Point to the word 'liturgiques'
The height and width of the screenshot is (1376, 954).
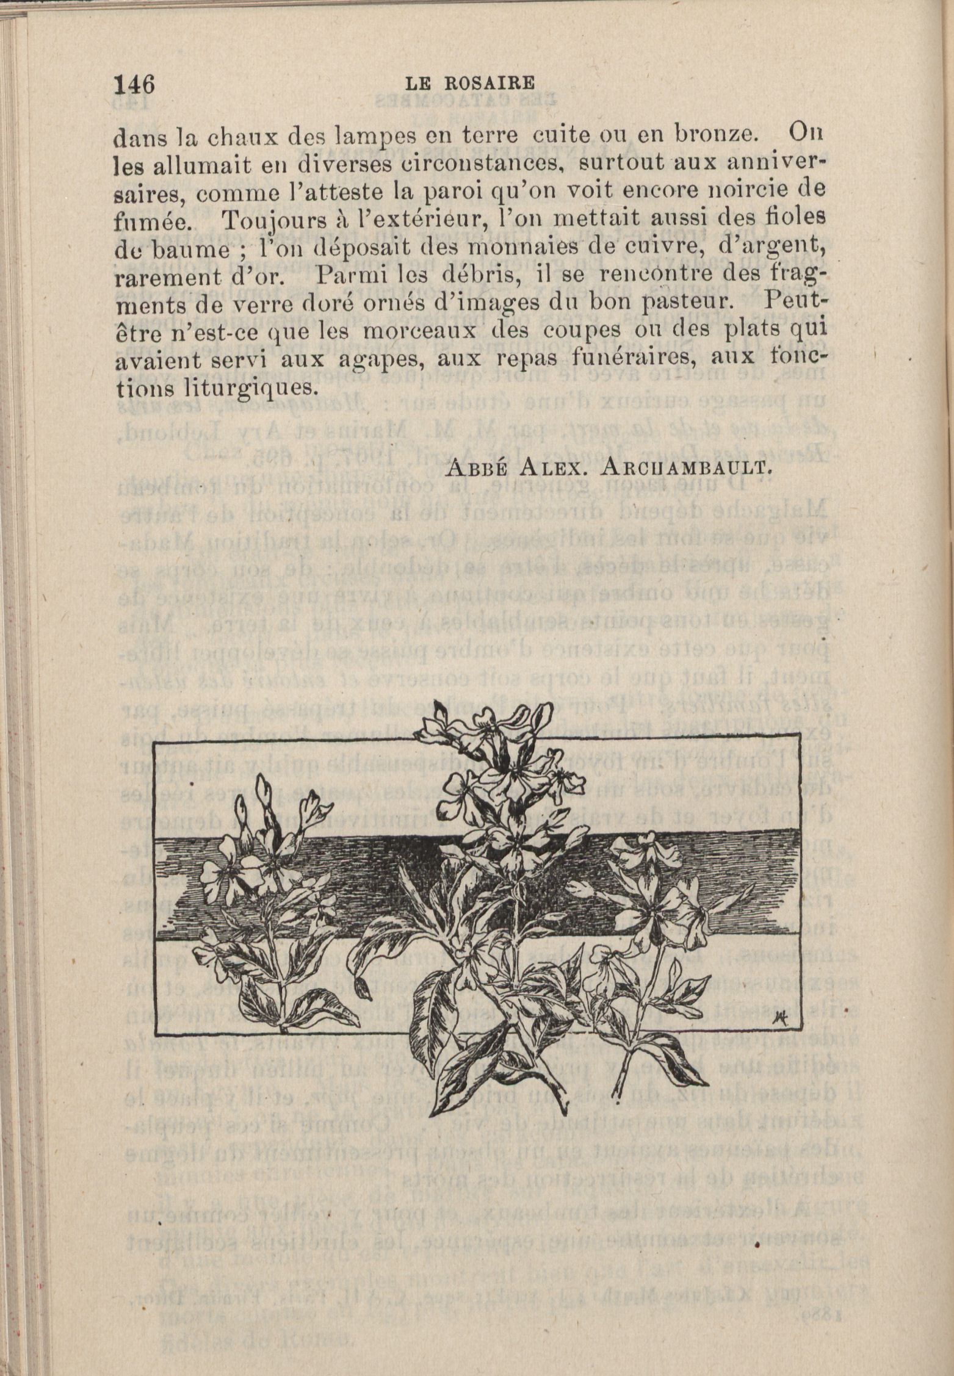tap(240, 388)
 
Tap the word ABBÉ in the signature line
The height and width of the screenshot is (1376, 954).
tap(476, 468)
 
